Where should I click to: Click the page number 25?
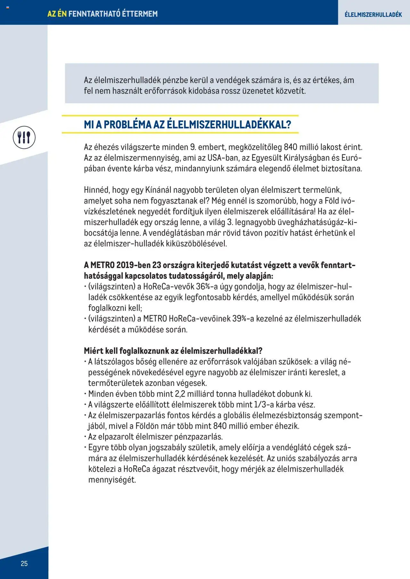[24, 564]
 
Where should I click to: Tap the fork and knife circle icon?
[24, 138]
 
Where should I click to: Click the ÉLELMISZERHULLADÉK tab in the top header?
[373, 14]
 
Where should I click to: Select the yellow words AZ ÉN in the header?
[57, 14]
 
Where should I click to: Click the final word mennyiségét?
[112, 480]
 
